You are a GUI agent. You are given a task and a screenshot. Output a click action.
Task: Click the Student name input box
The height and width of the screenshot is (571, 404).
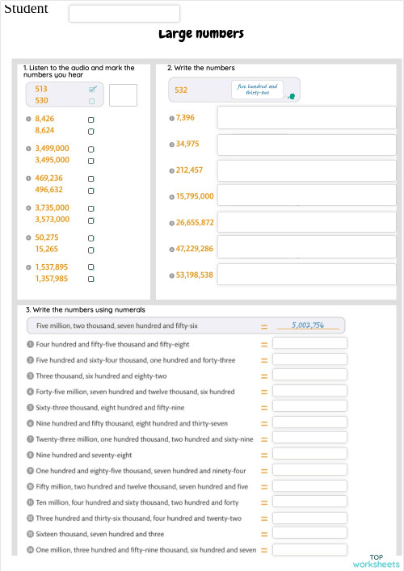click(124, 13)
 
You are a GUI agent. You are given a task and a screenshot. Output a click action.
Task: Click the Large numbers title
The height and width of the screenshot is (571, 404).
click(201, 34)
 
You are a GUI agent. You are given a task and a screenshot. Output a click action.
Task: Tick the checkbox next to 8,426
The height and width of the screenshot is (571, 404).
click(90, 119)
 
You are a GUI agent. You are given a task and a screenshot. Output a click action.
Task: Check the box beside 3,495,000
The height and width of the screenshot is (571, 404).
click(90, 161)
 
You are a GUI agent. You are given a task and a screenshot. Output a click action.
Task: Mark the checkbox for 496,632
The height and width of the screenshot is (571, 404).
click(90, 191)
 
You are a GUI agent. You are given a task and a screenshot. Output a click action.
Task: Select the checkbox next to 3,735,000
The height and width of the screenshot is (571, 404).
click(90, 208)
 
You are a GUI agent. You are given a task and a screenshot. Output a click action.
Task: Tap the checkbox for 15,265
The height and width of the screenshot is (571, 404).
click(90, 250)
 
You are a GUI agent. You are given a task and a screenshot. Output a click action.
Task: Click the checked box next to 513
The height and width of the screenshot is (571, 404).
click(92, 89)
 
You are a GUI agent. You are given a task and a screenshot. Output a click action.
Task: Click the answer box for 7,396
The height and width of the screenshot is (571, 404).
click(307, 119)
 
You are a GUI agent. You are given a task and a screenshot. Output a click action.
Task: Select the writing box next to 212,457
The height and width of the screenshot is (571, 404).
click(307, 170)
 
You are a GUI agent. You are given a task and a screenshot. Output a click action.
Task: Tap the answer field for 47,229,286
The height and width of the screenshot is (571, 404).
click(307, 248)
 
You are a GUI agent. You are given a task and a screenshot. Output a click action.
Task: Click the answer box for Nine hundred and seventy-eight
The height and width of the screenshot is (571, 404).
click(309, 455)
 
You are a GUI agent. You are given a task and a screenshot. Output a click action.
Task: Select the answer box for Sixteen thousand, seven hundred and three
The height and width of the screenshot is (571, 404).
click(309, 534)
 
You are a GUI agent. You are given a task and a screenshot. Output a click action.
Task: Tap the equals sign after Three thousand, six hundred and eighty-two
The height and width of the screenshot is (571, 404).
click(263, 376)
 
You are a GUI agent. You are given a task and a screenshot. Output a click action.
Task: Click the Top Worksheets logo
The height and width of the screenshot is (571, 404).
click(376, 561)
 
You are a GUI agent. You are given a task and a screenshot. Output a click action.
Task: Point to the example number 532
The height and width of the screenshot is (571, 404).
click(181, 90)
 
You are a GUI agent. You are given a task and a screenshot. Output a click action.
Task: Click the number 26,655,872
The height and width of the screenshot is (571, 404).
click(195, 222)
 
